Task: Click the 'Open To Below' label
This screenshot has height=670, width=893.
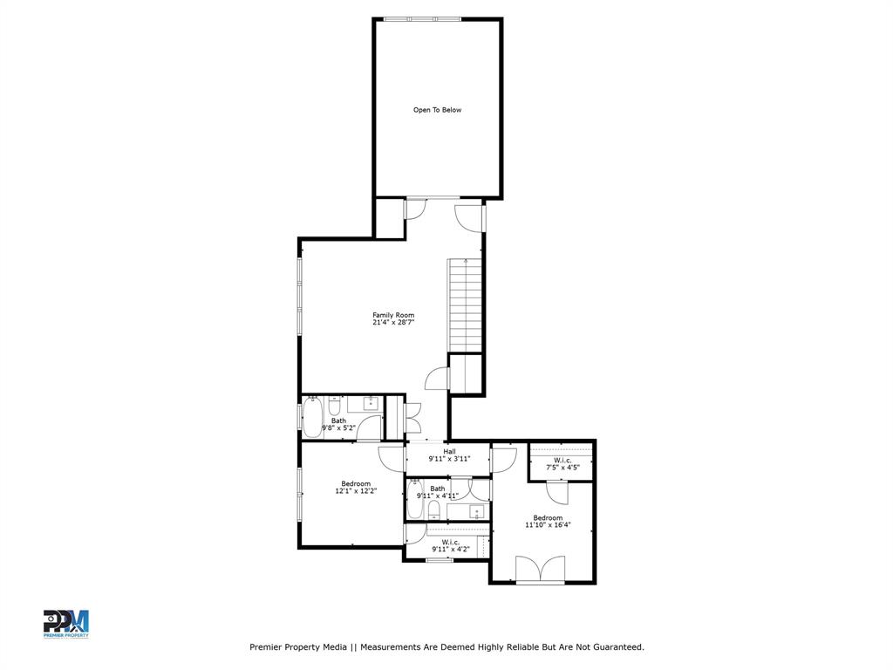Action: (x=437, y=110)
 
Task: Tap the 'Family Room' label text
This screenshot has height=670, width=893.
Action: (x=393, y=315)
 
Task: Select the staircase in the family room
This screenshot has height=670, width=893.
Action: (x=465, y=305)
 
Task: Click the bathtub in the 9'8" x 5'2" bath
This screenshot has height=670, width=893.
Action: (x=312, y=417)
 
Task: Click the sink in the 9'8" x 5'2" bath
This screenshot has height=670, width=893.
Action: (x=371, y=403)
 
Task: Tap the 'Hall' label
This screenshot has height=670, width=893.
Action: (x=449, y=451)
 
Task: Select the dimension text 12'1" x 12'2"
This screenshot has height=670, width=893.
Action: (x=355, y=491)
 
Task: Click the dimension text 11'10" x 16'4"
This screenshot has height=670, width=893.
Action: (x=548, y=525)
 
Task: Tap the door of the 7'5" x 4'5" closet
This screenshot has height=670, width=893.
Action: (x=559, y=494)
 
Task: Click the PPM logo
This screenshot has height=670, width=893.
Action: (x=66, y=624)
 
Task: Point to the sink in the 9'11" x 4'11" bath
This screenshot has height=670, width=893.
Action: (x=477, y=510)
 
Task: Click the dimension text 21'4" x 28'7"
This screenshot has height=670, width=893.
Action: (x=393, y=323)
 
